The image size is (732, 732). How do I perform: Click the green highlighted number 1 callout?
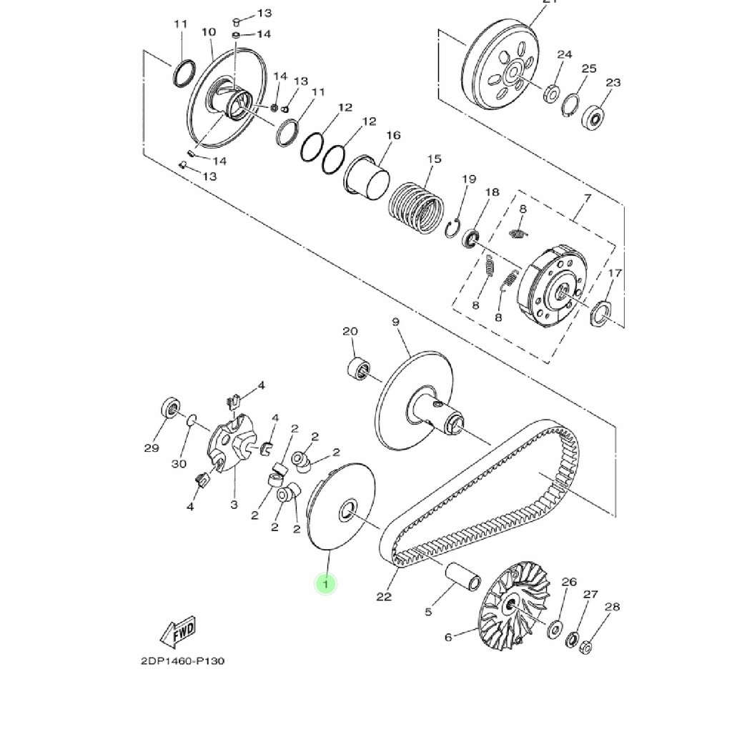click(326, 585)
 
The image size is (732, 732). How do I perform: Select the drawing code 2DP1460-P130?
click(182, 661)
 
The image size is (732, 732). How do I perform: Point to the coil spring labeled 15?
click(416, 206)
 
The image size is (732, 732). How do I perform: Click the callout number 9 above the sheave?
click(395, 322)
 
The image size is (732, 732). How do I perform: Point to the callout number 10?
click(208, 32)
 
